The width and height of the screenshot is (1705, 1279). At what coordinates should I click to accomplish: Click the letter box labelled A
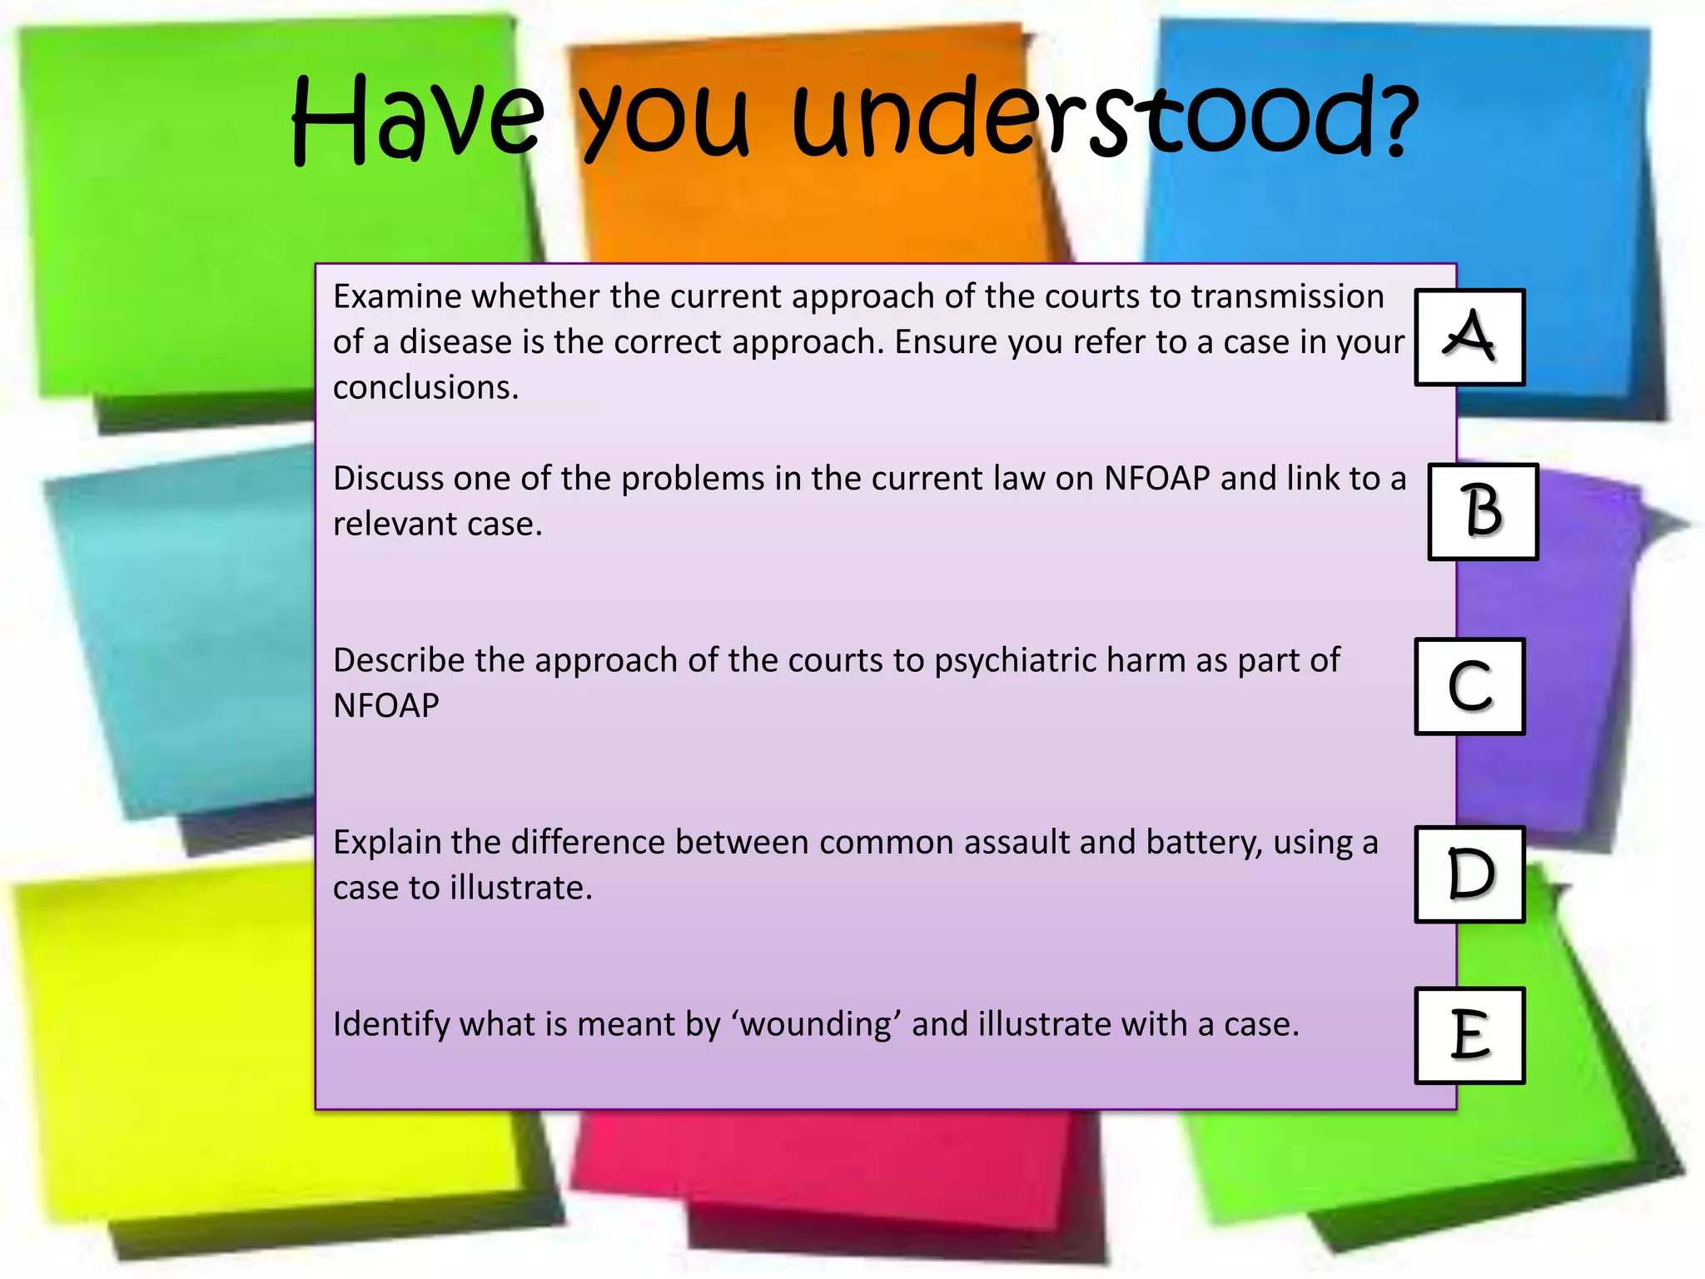point(1469,337)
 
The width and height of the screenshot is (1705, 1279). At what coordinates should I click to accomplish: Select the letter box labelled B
point(1483,511)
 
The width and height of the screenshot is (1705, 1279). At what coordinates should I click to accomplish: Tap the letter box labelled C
point(1469,686)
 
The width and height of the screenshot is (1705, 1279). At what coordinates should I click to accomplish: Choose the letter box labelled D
point(1469,874)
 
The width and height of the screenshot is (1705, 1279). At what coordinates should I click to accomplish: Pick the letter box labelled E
point(1469,1035)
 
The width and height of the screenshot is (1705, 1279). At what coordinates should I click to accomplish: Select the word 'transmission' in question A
point(1287,297)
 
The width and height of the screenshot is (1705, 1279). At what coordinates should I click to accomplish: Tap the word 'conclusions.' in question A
point(425,388)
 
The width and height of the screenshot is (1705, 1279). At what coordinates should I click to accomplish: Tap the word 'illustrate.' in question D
point(521,888)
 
